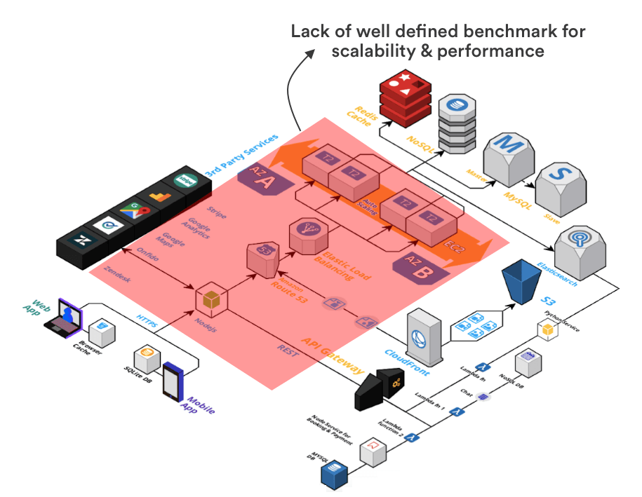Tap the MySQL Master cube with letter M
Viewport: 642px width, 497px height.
click(510, 157)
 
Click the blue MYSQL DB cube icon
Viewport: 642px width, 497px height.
click(335, 473)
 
